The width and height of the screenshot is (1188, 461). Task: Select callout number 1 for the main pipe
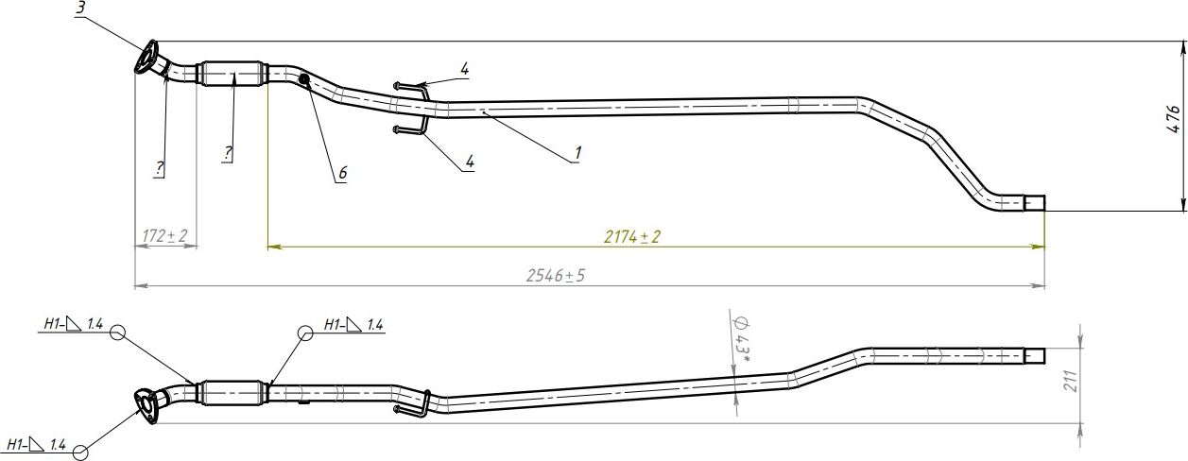[577, 151]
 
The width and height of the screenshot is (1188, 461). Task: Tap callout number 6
[342, 173]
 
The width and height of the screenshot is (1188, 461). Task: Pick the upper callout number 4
[464, 69]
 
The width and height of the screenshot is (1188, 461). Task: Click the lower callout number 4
[469, 162]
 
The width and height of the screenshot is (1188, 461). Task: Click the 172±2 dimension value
[164, 235]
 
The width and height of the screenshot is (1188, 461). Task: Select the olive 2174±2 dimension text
[631, 236]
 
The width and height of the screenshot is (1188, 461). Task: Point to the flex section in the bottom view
[232, 390]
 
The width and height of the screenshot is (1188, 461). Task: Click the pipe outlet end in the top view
[1035, 203]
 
